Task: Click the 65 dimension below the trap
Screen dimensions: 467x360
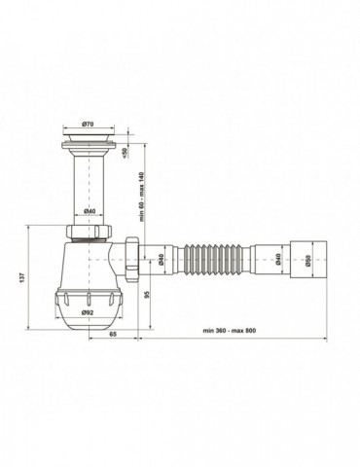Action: pyautogui.click(x=113, y=333)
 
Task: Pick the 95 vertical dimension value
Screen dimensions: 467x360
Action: pyautogui.click(x=145, y=294)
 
